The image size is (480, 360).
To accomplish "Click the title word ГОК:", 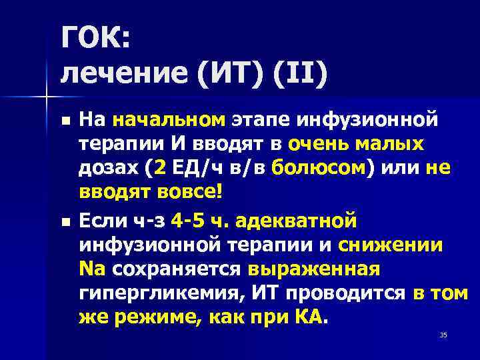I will click(x=96, y=41).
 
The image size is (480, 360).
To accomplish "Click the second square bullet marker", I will click(x=64, y=221).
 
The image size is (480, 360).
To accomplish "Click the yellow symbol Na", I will click(x=92, y=269).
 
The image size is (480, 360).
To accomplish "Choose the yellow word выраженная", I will click(x=313, y=269).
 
